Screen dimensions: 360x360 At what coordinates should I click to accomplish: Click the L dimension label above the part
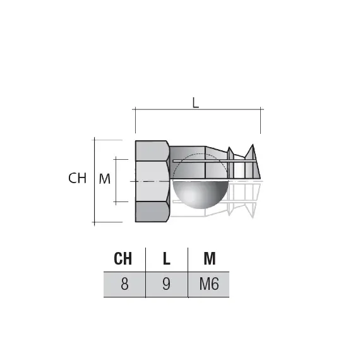pos(196,104)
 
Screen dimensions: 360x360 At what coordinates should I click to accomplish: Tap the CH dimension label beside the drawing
pos(77,179)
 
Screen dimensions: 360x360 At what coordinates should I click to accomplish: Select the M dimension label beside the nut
pos(105,179)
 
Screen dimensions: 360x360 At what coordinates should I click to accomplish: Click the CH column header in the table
pos(124,258)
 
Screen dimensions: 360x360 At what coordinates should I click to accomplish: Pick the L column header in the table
pos(166,258)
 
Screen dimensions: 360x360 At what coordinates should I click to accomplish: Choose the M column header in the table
pos(209,258)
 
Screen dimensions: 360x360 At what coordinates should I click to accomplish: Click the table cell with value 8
pos(124,284)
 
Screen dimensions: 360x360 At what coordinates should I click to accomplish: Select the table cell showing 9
pos(166,284)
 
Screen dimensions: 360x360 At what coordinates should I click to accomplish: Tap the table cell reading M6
pos(209,284)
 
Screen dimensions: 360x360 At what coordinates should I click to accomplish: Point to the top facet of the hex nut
pos(152,150)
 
